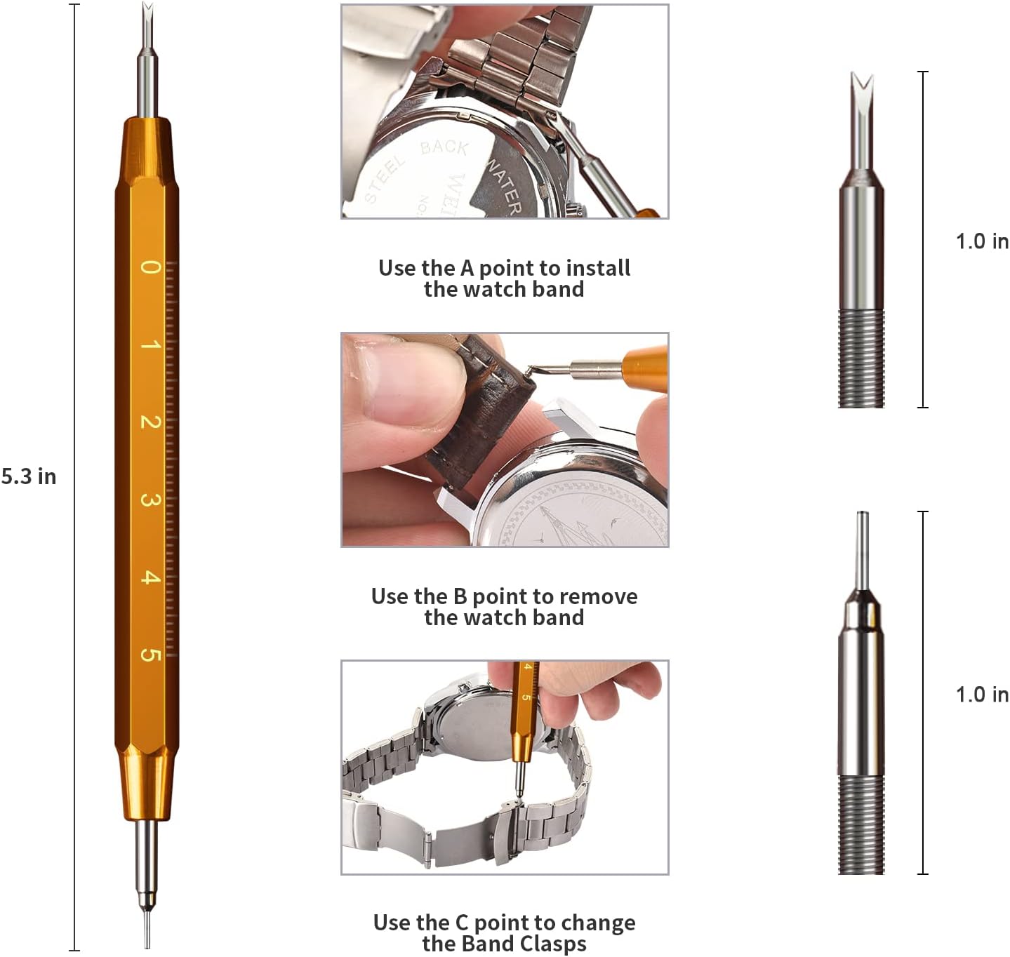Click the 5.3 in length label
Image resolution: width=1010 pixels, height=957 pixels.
pyautogui.click(x=29, y=476)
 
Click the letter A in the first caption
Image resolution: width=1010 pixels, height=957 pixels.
pyautogui.click(x=467, y=268)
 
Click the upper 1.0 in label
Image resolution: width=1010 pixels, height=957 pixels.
pyautogui.click(x=982, y=241)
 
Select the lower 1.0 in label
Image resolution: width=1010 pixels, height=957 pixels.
pyautogui.click(x=982, y=695)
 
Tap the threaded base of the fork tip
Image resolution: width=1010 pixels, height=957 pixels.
pyautogui.click(x=861, y=359)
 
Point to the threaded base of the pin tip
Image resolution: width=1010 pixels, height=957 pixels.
pyautogui.click(x=861, y=824)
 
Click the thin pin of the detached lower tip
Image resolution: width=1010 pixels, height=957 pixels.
pyautogui.click(x=863, y=549)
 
